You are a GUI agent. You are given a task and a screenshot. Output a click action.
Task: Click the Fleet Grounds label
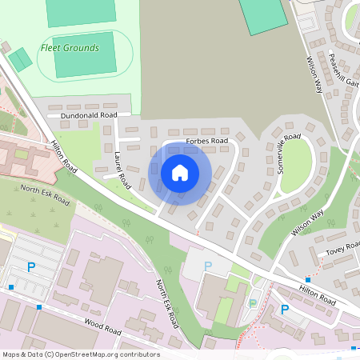71,48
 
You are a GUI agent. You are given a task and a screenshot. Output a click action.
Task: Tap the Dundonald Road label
82,115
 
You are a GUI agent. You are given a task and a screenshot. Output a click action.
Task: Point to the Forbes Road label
206,141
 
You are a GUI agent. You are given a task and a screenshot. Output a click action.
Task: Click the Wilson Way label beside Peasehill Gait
314,72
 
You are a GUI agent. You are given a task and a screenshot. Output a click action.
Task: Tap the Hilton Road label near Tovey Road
318,295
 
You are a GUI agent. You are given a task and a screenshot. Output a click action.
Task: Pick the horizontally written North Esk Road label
46,195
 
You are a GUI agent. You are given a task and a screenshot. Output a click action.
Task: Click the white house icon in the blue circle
180,173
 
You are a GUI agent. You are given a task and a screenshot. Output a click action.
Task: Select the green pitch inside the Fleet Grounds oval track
84,54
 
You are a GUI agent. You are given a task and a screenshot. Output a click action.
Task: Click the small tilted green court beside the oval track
21,59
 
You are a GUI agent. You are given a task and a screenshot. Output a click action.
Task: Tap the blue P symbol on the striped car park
31,267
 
